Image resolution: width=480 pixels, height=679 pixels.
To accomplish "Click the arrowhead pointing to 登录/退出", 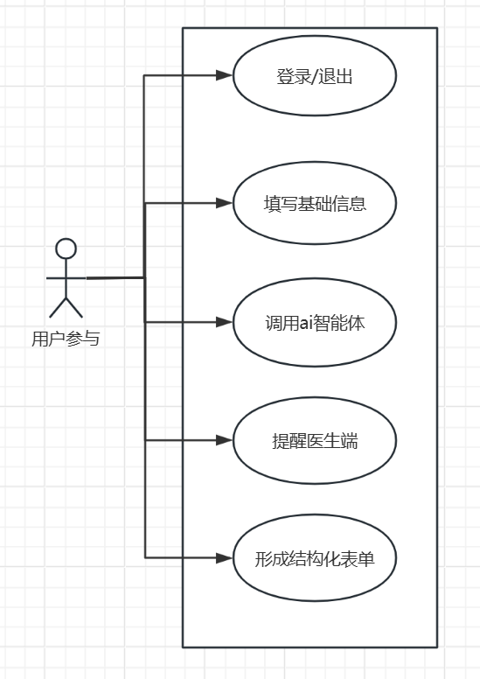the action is [225, 75].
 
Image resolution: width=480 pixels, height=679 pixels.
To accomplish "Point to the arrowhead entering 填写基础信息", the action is [225, 203].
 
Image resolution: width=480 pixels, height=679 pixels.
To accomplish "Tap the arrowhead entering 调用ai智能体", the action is [225, 322].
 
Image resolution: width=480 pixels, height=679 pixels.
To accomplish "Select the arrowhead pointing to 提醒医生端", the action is [225, 440].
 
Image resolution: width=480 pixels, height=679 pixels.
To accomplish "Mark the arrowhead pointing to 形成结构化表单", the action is [225, 557].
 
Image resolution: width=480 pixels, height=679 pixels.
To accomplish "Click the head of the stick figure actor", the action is [66, 249].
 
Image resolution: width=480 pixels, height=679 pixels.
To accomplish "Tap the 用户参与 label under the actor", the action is [66, 339].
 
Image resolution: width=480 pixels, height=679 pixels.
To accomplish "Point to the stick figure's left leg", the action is [58, 308].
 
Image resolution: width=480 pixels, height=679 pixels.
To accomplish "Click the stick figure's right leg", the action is [74, 308].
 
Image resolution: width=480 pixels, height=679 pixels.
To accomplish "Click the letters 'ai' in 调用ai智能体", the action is [306, 323].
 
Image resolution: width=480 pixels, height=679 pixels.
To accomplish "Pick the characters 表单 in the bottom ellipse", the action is [357, 559].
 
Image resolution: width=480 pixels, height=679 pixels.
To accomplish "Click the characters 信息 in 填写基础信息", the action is [349, 204].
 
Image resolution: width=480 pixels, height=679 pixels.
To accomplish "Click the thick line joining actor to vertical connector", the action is [115, 278].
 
